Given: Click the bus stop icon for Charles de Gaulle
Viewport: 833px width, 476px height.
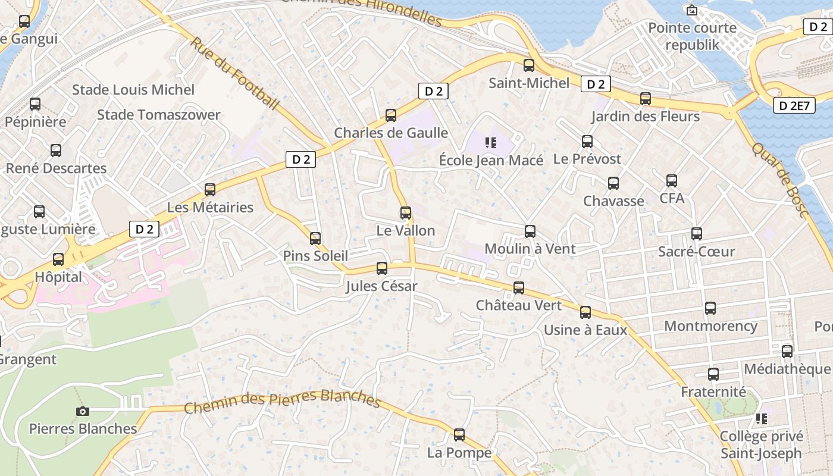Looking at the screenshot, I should tap(391, 115).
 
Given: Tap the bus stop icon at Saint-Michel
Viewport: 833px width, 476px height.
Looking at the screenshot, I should tap(529, 65).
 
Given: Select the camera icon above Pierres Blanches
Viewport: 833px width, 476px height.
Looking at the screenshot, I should tap(83, 411).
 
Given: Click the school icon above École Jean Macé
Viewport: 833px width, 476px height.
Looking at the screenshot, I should tap(491, 142).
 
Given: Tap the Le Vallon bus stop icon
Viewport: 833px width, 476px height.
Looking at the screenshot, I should tap(406, 212).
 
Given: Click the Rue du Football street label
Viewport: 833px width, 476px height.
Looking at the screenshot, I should tap(234, 74).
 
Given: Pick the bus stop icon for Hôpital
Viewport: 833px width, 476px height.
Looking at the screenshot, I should tap(58, 259).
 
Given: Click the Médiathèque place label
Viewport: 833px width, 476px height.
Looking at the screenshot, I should tap(787, 369).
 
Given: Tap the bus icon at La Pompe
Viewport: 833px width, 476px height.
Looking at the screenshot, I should tap(459, 435).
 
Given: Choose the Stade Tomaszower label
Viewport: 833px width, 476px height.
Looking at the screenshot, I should tap(159, 115).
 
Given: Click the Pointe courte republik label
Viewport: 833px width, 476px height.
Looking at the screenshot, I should tap(692, 36).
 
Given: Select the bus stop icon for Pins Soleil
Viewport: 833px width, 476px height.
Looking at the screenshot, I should tap(315, 239).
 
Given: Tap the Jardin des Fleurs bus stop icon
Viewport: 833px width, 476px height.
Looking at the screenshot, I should tap(646, 99).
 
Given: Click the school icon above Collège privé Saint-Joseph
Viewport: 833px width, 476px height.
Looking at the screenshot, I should tap(761, 419).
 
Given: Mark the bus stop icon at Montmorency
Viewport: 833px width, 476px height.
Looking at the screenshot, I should tap(710, 308).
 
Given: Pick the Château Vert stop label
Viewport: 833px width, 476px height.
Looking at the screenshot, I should tap(519, 305).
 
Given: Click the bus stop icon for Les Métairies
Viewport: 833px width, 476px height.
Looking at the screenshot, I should tap(210, 190).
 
